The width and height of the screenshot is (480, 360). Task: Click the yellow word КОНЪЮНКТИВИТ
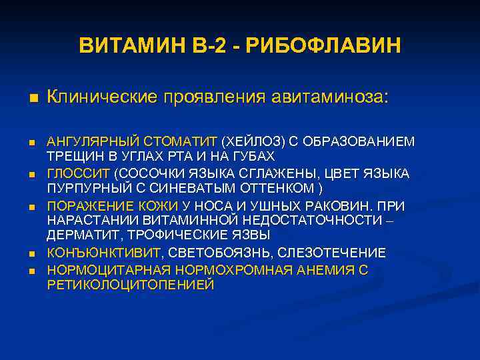pyautogui.click(x=103, y=253)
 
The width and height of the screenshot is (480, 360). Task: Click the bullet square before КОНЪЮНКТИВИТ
pyautogui.click(x=31, y=254)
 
